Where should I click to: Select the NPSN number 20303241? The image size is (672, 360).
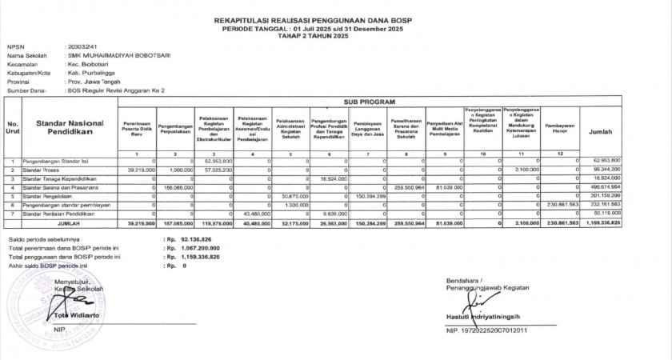pyautogui.click(x=83, y=47)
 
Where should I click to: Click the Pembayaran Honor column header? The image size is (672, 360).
pyautogui.click(x=559, y=127)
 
